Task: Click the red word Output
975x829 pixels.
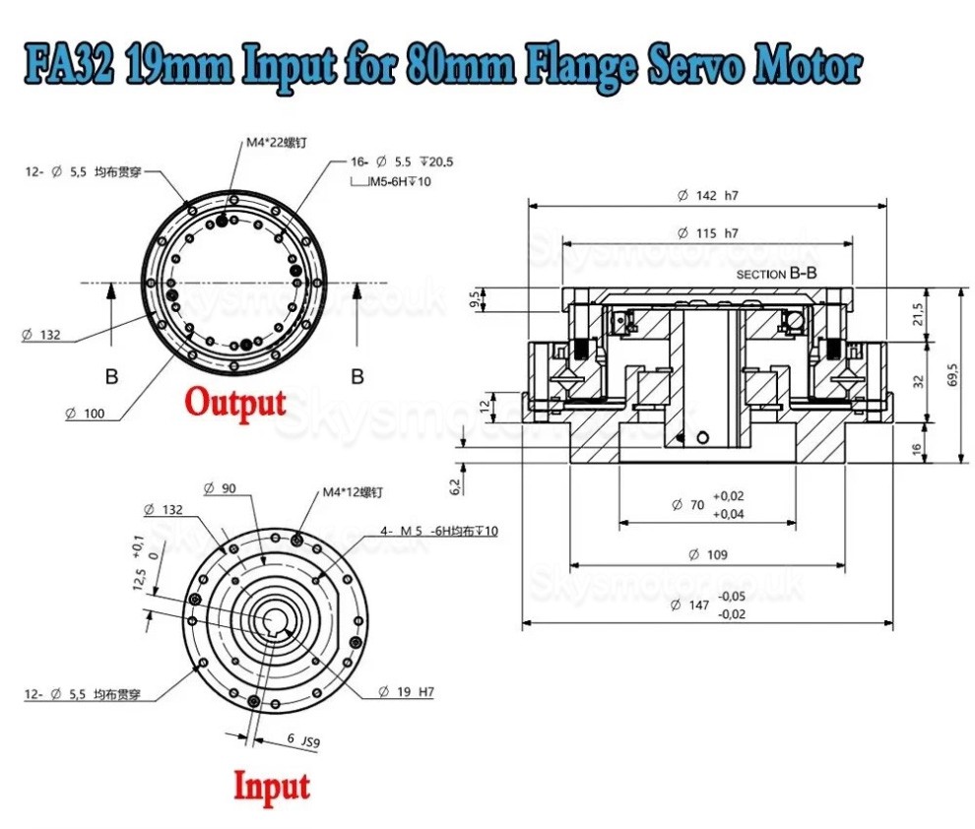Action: pyautogui.click(x=236, y=402)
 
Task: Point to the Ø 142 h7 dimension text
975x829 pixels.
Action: pyautogui.click(x=707, y=195)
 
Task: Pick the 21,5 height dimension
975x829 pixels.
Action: pyautogui.click(x=919, y=314)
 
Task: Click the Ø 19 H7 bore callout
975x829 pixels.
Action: pyautogui.click(x=406, y=692)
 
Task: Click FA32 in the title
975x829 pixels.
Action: pyautogui.click(x=66, y=68)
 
